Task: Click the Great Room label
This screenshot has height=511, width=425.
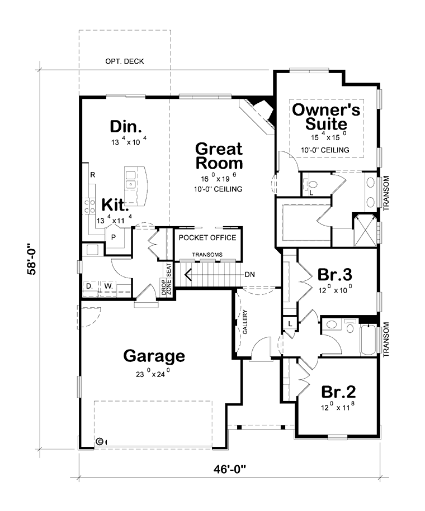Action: click(x=219, y=156)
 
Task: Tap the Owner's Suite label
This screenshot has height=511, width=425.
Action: click(x=326, y=117)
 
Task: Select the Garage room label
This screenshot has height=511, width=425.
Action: click(x=154, y=356)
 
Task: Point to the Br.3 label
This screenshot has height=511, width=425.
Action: click(x=335, y=274)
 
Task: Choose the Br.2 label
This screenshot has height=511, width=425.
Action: click(x=338, y=391)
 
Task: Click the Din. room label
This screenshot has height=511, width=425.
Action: click(x=126, y=126)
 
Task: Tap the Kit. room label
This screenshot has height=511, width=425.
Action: click(x=115, y=204)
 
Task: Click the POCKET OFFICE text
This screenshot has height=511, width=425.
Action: click(x=207, y=237)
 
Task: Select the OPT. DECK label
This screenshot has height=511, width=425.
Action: click(x=124, y=61)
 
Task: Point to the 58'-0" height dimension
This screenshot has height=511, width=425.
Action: click(x=32, y=259)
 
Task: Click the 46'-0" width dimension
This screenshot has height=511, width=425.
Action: click(x=229, y=469)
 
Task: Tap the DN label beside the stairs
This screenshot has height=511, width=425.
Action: click(x=250, y=275)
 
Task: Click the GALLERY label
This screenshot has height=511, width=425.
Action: click(x=245, y=322)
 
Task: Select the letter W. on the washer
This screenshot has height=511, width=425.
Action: click(x=108, y=286)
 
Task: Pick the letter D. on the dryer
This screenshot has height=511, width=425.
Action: click(x=89, y=286)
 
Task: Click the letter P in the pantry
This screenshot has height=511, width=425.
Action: click(x=114, y=237)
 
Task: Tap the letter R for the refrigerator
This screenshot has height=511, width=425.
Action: click(x=93, y=175)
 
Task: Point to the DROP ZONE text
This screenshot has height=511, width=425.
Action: click(x=166, y=287)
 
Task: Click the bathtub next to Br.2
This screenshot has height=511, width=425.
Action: click(x=368, y=340)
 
